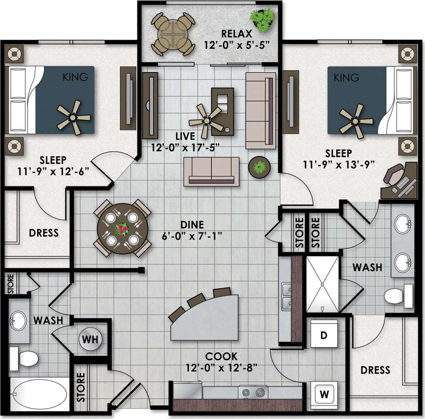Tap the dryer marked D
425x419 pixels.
(x=324, y=335)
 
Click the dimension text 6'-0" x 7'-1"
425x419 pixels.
(x=192, y=235)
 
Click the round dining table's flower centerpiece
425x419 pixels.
(x=122, y=229)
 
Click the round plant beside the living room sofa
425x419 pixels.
(x=259, y=167)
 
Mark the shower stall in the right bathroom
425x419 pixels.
(x=322, y=285)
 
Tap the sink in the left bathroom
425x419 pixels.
(x=19, y=321)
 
